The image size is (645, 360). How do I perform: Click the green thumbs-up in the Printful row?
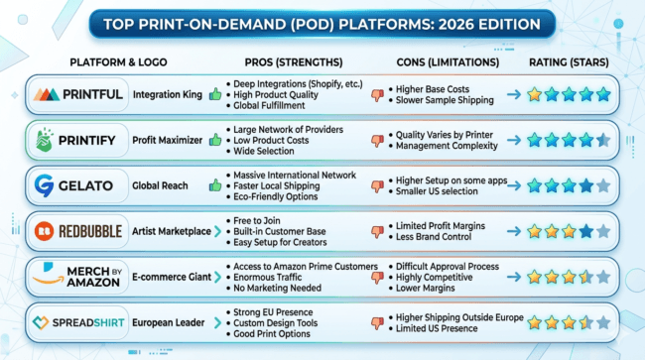point(215,95)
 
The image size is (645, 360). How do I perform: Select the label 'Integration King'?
point(169,95)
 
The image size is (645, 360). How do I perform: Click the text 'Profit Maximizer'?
point(169,140)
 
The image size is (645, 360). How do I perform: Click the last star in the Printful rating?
point(602,95)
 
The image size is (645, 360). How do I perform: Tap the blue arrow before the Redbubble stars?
point(514,231)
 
